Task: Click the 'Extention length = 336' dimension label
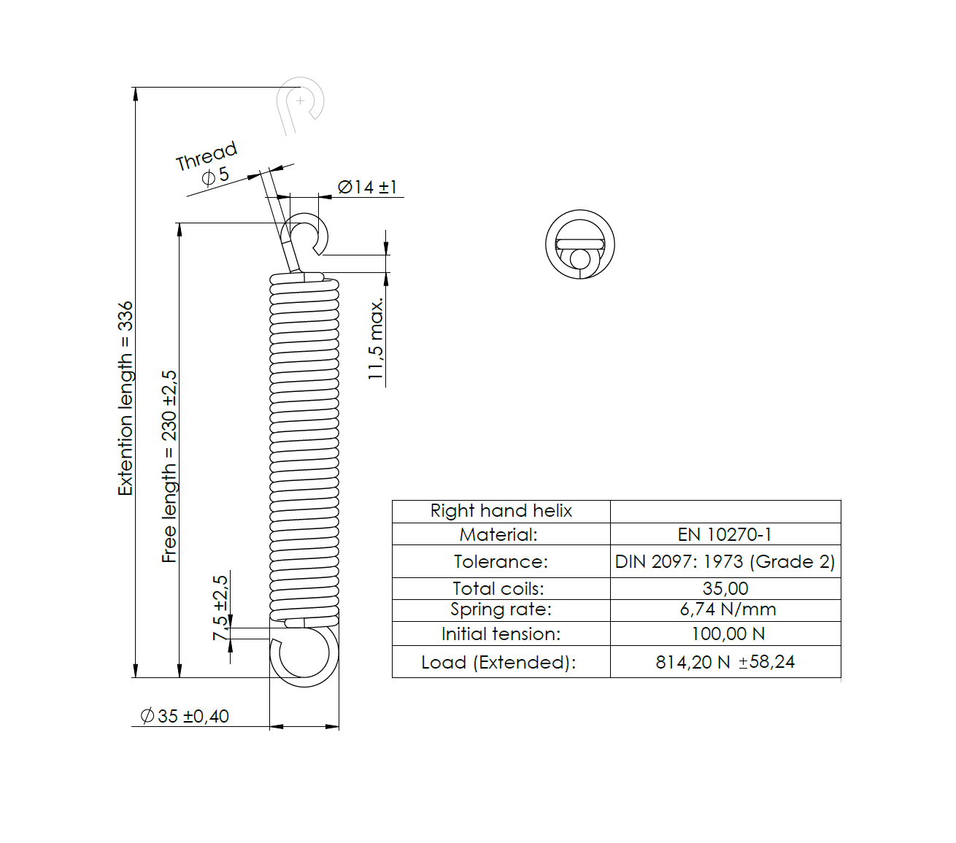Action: coord(126,399)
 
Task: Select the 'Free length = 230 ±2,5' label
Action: coord(169,466)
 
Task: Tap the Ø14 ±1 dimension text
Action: coord(367,187)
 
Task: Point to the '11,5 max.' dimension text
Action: coord(376,339)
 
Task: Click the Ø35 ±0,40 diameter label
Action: coord(185,716)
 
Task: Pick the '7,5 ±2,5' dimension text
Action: coord(220,607)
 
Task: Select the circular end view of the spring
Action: coord(580,245)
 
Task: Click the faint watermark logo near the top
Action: coord(300,104)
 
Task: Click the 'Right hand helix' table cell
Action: coord(501,511)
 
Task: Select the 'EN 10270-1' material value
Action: coord(725,534)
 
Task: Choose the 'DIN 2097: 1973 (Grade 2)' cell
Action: coord(725,561)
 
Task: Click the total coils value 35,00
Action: coord(725,588)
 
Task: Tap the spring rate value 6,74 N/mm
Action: coord(727,609)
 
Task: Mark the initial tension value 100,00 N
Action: coord(728,634)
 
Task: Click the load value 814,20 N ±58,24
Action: coord(725,662)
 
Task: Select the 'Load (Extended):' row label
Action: coord(498,662)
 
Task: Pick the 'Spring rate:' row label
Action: coord(501,609)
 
